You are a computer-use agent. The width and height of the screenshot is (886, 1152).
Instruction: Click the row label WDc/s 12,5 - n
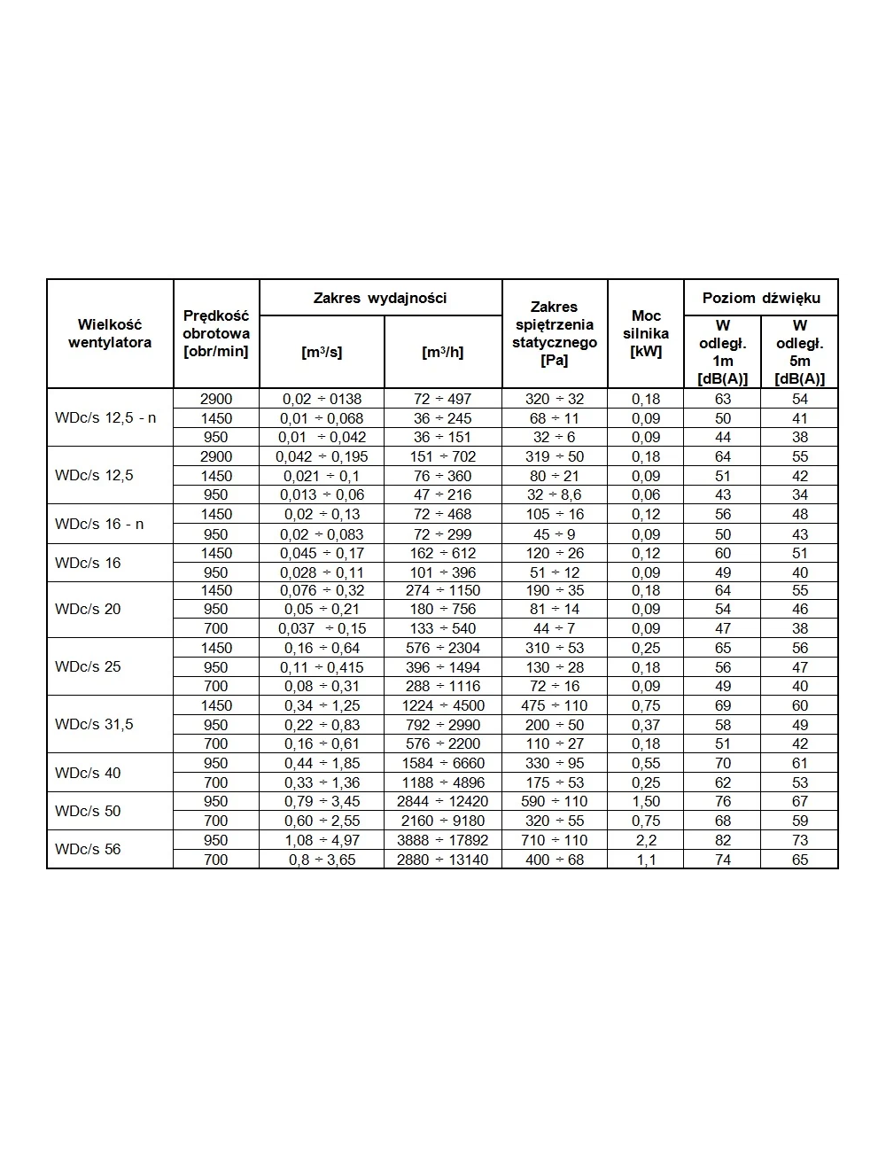(105, 417)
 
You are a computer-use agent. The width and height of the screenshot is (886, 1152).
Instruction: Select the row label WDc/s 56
(88, 849)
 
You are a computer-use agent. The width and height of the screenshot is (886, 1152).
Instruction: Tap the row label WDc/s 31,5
(94, 724)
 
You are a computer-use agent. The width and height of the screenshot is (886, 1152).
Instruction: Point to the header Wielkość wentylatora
(110, 333)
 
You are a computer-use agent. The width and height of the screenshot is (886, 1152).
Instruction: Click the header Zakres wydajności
(380, 298)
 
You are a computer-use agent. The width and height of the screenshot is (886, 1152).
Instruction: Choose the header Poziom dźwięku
(761, 298)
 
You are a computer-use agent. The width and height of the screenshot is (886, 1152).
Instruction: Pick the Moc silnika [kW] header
(646, 333)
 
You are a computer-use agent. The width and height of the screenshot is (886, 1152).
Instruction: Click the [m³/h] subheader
(443, 352)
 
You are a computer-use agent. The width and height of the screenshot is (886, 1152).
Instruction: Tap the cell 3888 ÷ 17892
(443, 840)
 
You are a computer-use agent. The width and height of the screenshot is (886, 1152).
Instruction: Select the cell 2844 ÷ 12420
(443, 801)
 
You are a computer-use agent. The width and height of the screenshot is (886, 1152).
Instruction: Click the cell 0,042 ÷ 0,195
(322, 456)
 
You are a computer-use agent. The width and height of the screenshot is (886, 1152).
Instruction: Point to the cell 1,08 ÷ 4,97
(322, 840)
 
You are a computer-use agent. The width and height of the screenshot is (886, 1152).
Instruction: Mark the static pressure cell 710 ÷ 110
(555, 840)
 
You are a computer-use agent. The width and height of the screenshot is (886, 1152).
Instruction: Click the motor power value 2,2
(646, 840)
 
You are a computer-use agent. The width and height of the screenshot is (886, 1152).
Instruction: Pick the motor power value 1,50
(646, 801)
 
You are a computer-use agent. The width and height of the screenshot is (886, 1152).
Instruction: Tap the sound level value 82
(723, 840)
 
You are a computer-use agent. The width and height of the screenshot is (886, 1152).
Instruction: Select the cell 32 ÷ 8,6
(555, 494)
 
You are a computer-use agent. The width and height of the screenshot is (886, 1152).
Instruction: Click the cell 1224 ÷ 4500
(443, 705)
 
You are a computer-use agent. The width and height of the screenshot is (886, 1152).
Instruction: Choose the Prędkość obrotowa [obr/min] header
(216, 333)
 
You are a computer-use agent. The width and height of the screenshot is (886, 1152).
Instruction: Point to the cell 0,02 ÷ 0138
(322, 399)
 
